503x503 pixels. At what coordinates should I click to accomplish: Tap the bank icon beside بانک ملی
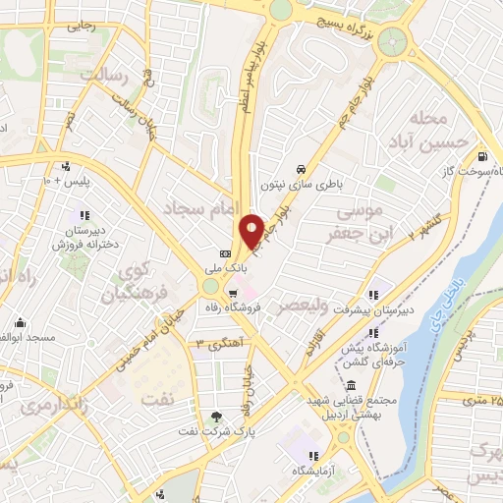[x=225, y=254]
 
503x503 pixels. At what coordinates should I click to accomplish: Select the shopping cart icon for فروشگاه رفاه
[x=232, y=292]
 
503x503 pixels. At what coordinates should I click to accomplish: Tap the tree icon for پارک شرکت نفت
[x=217, y=417]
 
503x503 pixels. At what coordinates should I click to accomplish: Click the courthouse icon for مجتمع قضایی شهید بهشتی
[x=352, y=384]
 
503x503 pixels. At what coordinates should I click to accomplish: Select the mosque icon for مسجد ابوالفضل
[x=19, y=323]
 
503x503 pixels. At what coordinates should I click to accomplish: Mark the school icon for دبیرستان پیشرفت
[x=374, y=294]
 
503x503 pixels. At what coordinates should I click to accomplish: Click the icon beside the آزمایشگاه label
[x=312, y=456]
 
